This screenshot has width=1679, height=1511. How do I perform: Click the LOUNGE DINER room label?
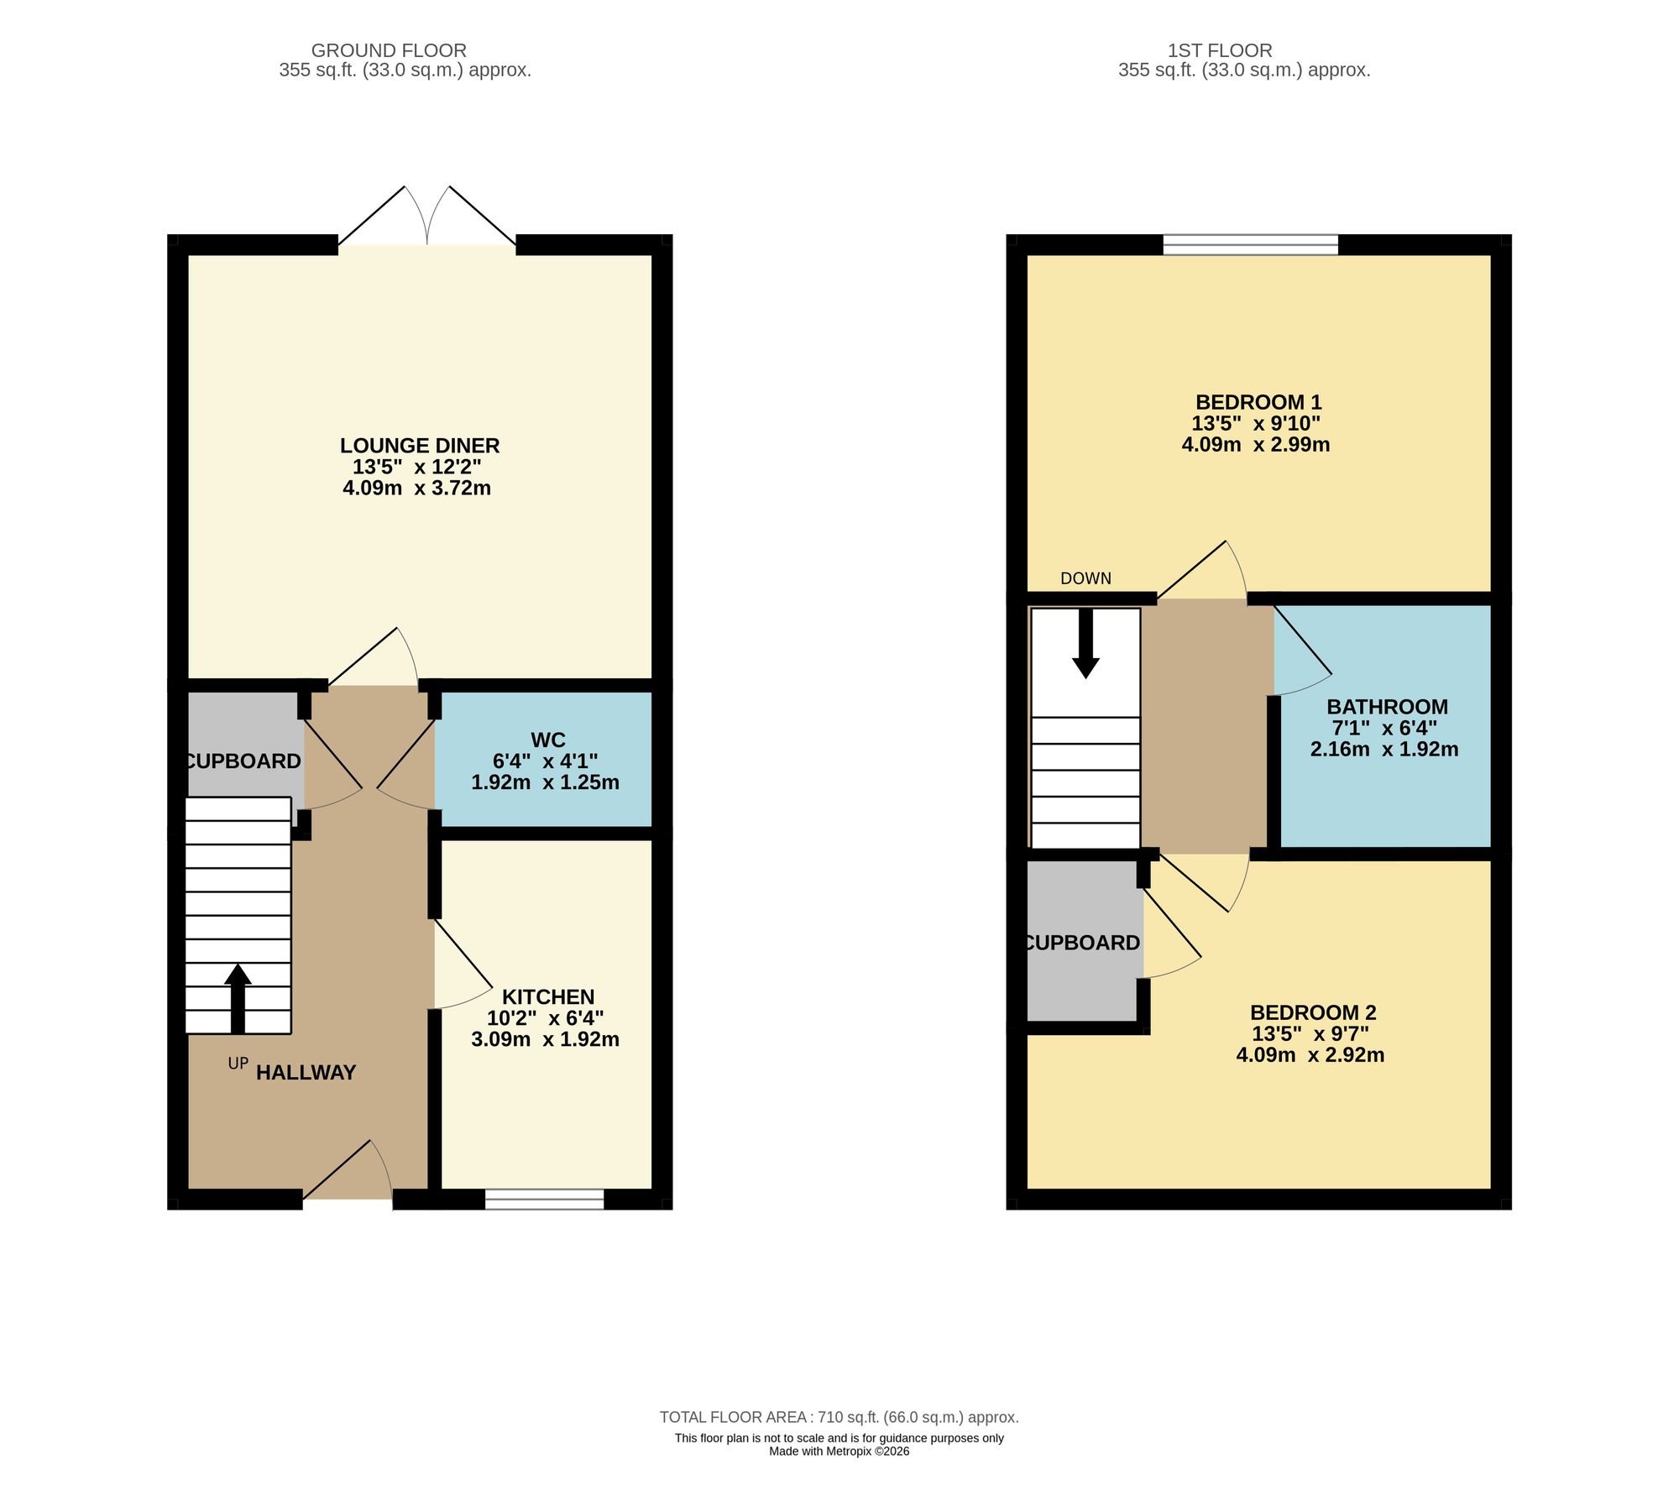(x=420, y=446)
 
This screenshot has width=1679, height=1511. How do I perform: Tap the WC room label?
(x=547, y=740)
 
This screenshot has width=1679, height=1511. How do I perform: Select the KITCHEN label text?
(x=547, y=996)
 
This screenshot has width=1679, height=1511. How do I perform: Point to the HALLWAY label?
(x=306, y=1072)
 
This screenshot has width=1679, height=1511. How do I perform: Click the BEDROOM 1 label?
(x=1258, y=402)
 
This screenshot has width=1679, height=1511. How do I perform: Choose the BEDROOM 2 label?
(x=1312, y=1012)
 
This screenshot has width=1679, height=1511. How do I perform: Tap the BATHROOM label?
(x=1386, y=707)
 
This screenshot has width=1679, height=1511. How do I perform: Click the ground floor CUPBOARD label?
(x=243, y=761)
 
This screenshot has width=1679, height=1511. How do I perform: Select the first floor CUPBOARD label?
(x=1083, y=943)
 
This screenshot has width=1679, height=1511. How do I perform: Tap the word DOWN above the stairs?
(x=1085, y=578)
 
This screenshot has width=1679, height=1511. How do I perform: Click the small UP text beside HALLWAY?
(x=238, y=1064)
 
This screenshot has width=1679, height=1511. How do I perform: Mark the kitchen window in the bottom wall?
(x=544, y=1199)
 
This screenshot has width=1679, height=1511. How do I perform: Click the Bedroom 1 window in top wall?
(x=1250, y=245)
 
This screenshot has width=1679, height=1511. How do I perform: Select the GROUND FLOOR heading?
(x=388, y=50)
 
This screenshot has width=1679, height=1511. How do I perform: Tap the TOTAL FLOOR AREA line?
(x=839, y=1417)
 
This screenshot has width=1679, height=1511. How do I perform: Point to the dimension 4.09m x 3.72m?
(x=416, y=488)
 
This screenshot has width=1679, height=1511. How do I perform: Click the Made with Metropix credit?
(x=839, y=1451)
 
